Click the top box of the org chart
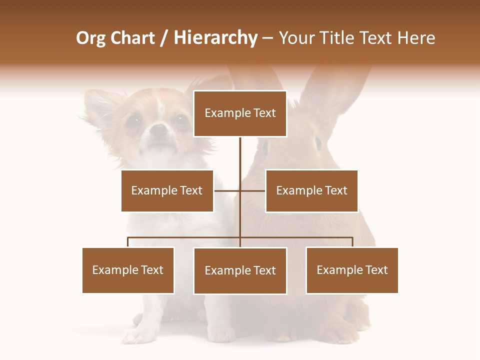[x=240, y=113]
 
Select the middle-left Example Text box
[x=167, y=190]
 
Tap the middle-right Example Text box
[x=311, y=190]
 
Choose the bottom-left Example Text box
[x=128, y=270]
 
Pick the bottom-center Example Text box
[x=240, y=270]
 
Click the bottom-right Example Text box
[x=352, y=270]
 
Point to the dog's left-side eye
[x=133, y=120]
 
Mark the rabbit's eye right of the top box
[x=318, y=143]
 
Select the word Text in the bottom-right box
[x=376, y=270]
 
